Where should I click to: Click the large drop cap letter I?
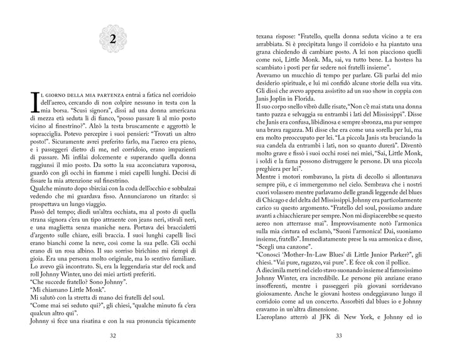32,101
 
